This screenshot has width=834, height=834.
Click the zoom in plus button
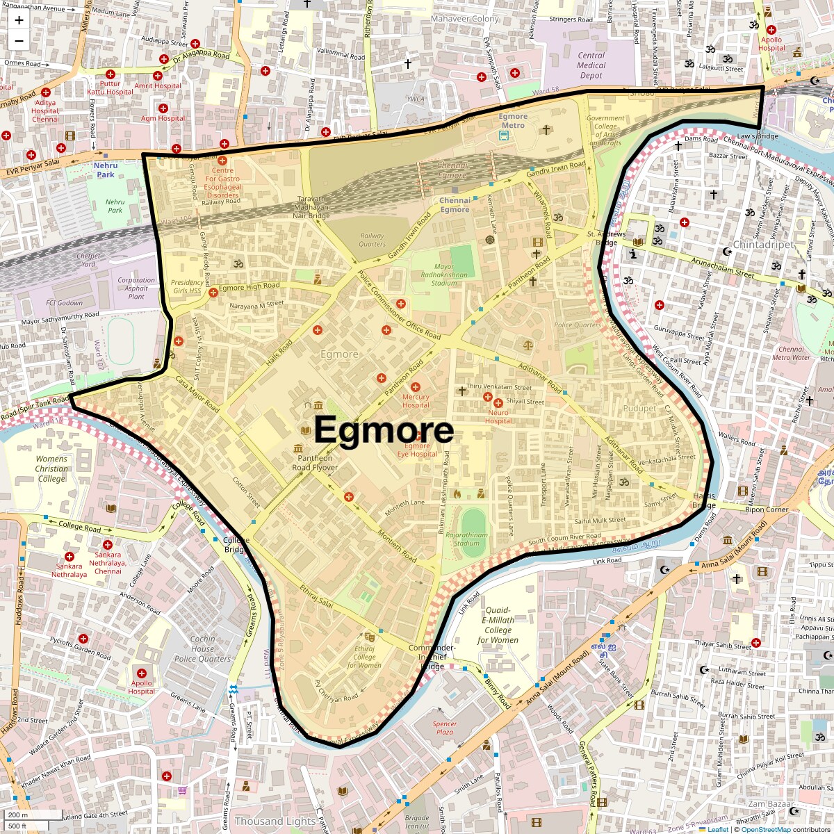[19, 20]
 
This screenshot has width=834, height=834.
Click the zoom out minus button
[19, 40]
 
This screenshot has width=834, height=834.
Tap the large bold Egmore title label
[384, 430]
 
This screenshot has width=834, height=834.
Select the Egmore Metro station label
[513, 121]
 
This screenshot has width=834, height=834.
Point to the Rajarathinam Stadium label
[466, 539]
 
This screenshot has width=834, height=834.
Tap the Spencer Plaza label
[444, 728]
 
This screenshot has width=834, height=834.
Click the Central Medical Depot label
[591, 65]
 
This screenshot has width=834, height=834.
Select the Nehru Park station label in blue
[106, 170]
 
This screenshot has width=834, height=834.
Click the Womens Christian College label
[51, 468]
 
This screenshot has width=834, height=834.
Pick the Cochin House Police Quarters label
[202, 648]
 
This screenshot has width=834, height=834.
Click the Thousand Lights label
[275, 821]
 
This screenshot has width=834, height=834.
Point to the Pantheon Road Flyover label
[315, 463]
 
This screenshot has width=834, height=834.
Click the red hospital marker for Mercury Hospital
[416, 387]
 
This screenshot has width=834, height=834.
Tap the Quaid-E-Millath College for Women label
[498, 625]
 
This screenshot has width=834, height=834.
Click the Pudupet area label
[639, 409]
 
